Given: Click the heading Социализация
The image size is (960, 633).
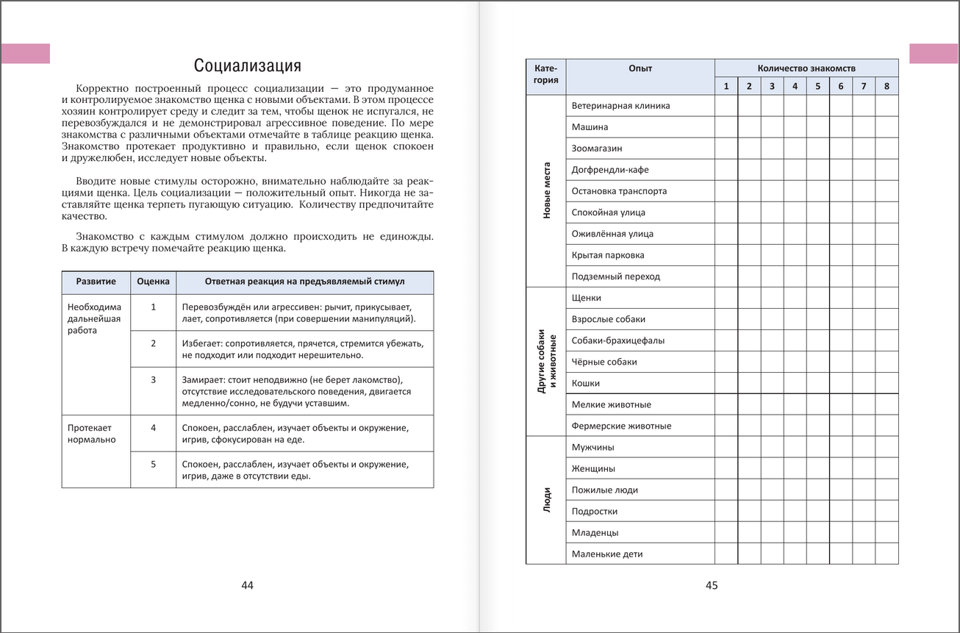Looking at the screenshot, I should pyautogui.click(x=247, y=65).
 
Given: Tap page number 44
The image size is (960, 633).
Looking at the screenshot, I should pyautogui.click(x=247, y=585).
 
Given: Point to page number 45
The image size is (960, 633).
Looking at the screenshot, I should pyautogui.click(x=712, y=585).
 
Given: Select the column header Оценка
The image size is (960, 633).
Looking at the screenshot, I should pyautogui.click(x=153, y=282).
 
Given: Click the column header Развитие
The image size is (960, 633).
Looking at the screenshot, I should pyautogui.click(x=96, y=282).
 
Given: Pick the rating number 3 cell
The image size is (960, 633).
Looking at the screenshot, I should pyautogui.click(x=153, y=379).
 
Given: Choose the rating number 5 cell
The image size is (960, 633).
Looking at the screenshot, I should pyautogui.click(x=153, y=464).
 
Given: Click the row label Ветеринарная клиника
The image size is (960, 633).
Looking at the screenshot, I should pyautogui.click(x=620, y=106).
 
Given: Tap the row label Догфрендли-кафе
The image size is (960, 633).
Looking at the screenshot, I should pyautogui.click(x=610, y=170).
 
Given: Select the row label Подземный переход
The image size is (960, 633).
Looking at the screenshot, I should pyautogui.click(x=616, y=276).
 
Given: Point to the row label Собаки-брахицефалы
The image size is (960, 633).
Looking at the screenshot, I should pyautogui.click(x=617, y=340).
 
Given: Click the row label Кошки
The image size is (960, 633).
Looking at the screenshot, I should pyautogui.click(x=586, y=383).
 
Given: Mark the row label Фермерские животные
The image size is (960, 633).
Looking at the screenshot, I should pyautogui.click(x=621, y=426).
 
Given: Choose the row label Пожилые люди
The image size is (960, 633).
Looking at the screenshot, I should pyautogui.click(x=604, y=490).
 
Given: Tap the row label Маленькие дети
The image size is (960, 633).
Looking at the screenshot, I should pyautogui.click(x=607, y=554).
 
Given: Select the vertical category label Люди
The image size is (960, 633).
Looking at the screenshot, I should pyautogui.click(x=546, y=500).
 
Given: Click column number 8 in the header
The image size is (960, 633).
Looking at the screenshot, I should pyautogui.click(x=886, y=86).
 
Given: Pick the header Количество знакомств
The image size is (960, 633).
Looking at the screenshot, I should pyautogui.click(x=806, y=68).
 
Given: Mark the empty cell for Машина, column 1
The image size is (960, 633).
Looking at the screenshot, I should pyautogui.click(x=726, y=127).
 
